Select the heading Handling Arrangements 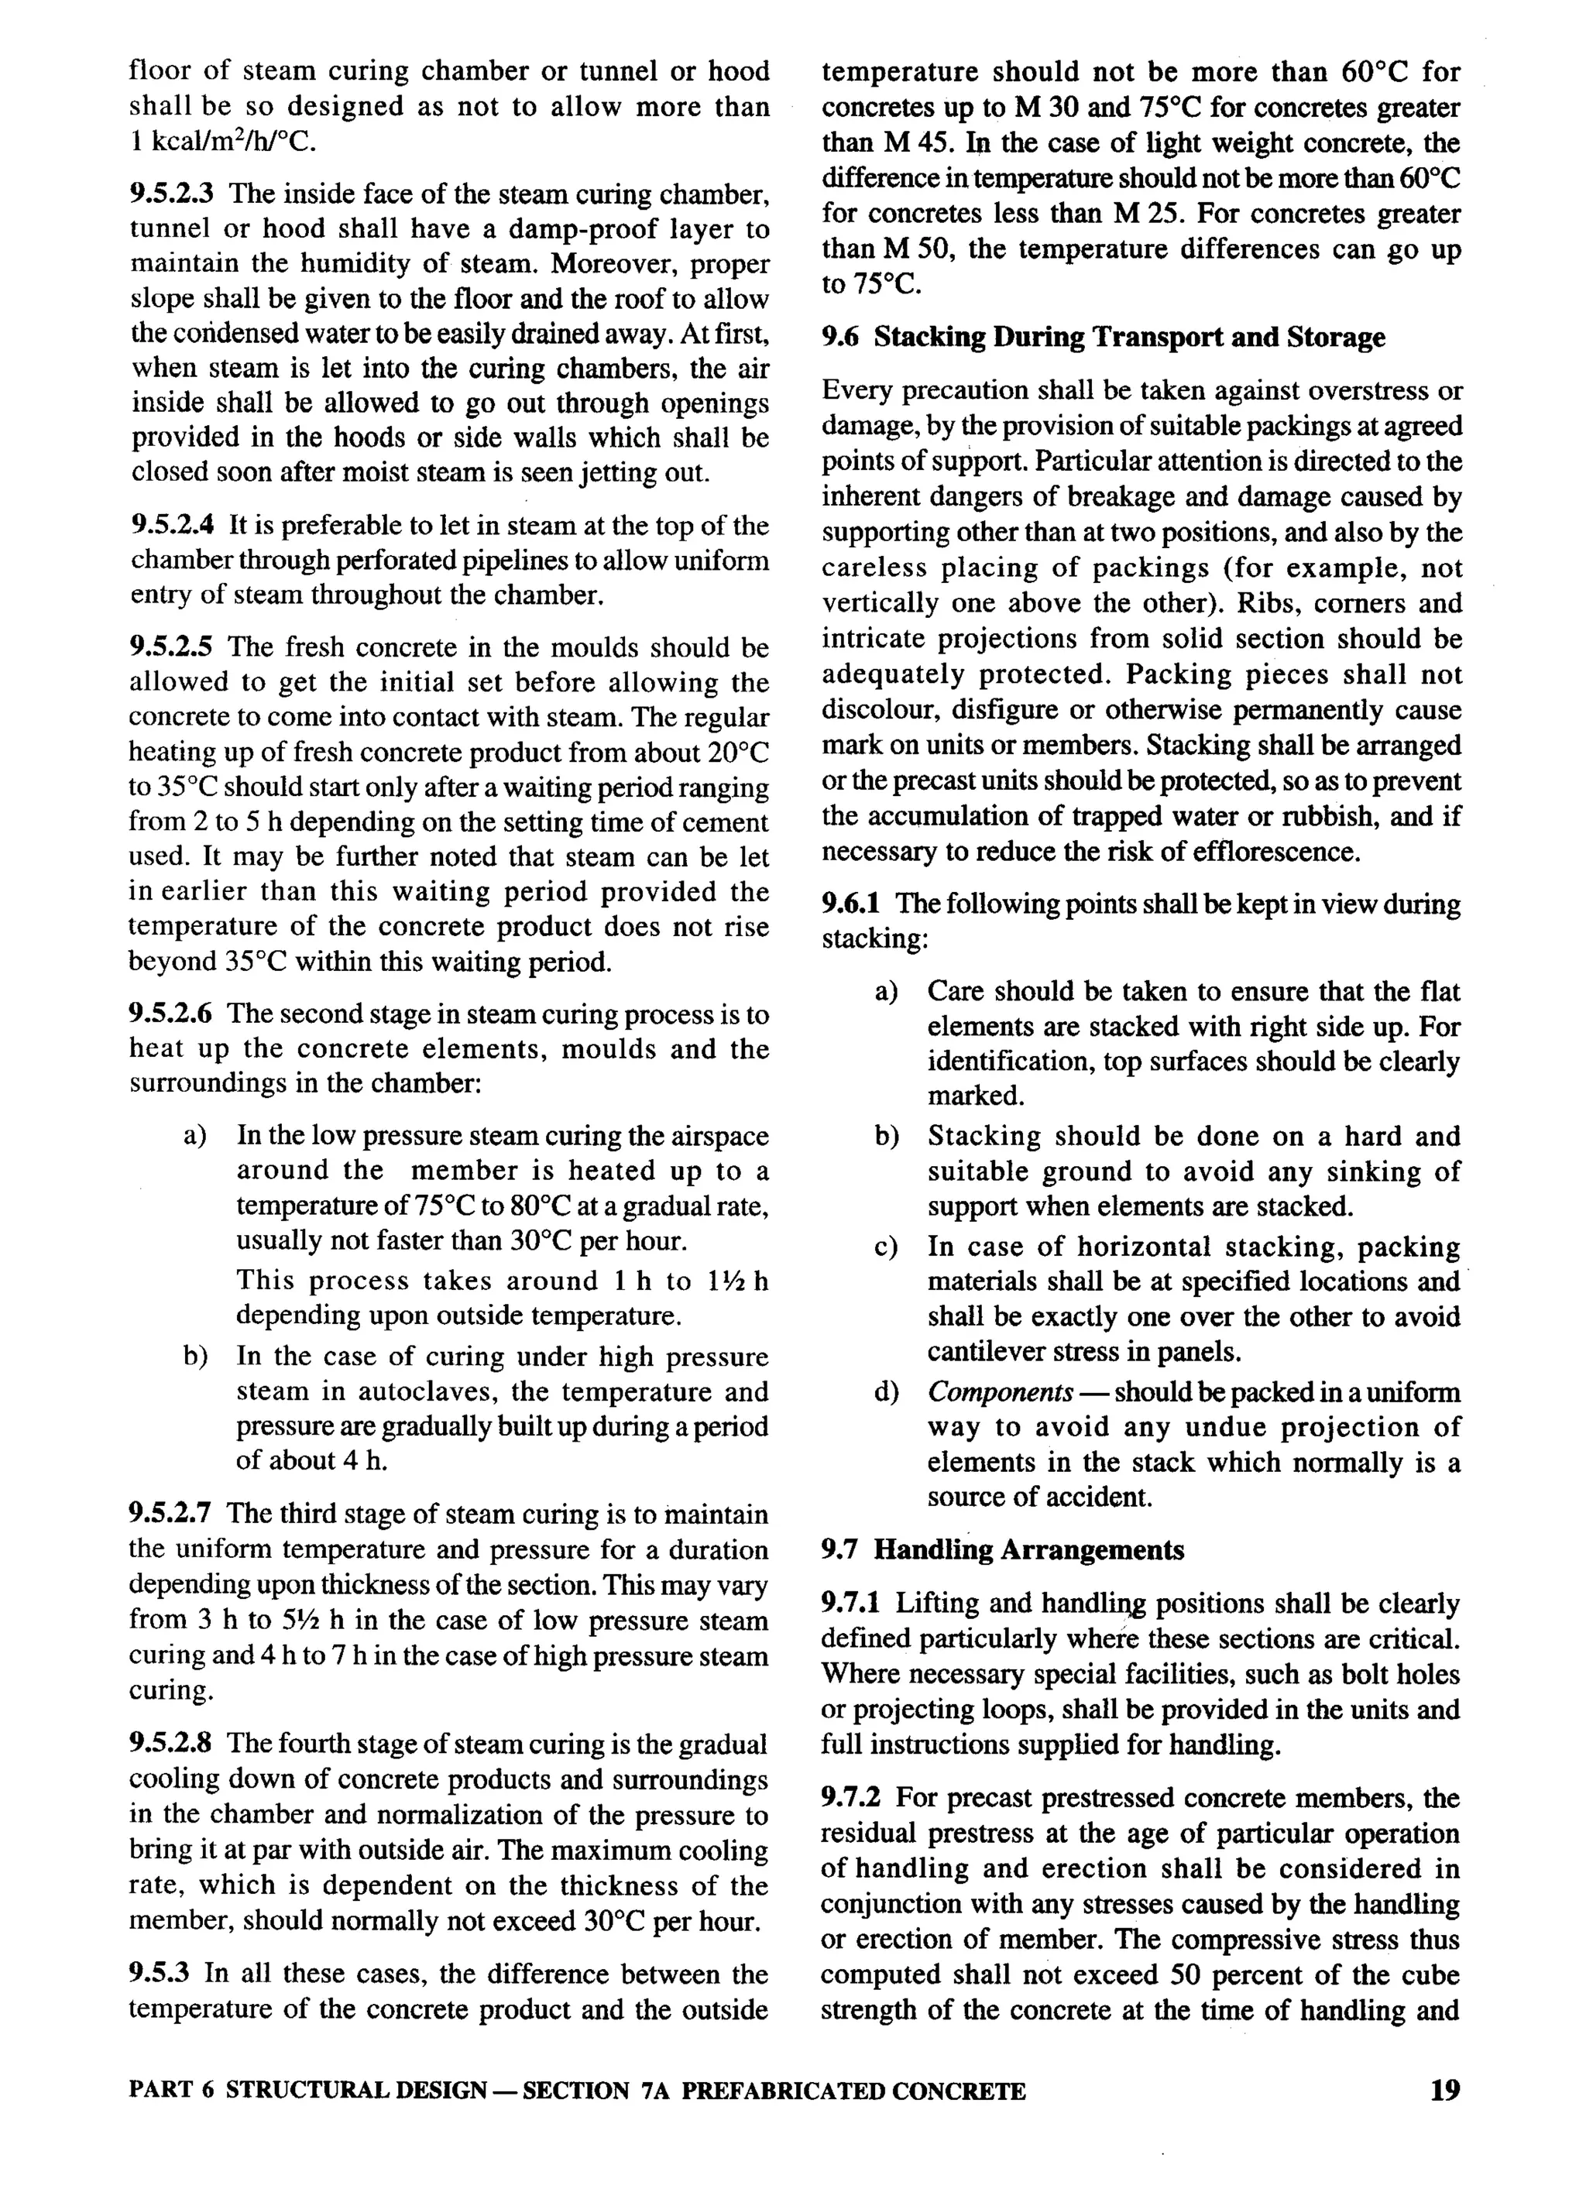click(1028, 1550)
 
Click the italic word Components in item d click(999, 1393)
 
